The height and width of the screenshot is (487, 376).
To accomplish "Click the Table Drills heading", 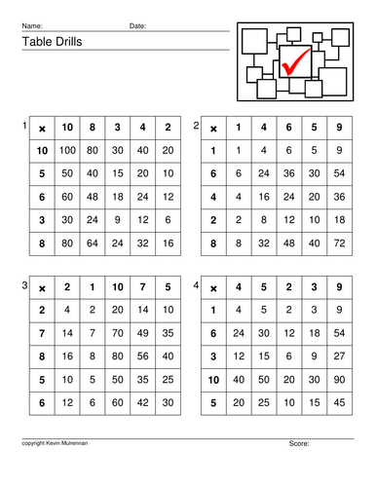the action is pyautogui.click(x=48, y=42).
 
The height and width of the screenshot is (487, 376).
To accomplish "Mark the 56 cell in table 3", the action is pyautogui.click(x=142, y=356).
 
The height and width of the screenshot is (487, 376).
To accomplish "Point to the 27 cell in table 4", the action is pyautogui.click(x=337, y=356).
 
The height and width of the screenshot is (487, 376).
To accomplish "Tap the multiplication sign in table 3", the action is pyautogui.click(x=41, y=289).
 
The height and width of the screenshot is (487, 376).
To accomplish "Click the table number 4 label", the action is pyautogui.click(x=197, y=285).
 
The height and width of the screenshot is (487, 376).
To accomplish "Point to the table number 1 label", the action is pyautogui.click(x=24, y=126).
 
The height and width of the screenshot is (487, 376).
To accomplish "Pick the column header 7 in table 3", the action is pyautogui.click(x=142, y=289).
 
